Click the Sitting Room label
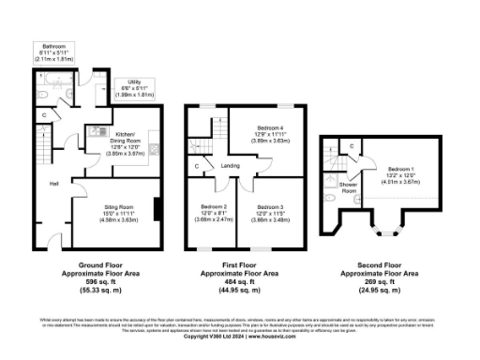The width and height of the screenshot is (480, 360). (x=118, y=206)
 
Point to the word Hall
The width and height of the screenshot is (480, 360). (x=53, y=183)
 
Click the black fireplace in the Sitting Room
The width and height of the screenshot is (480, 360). (x=157, y=207)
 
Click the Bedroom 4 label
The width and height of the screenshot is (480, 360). (x=275, y=127)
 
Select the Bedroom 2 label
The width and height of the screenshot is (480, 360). (x=215, y=206)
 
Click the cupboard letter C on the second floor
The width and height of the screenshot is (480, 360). (x=350, y=145)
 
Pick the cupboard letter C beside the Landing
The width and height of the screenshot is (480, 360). (x=196, y=167)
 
